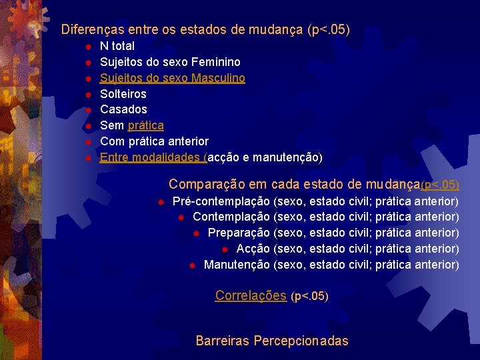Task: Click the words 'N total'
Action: pos(117,46)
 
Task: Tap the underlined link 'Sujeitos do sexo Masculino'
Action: pos(172,78)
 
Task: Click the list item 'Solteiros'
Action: pos(123,94)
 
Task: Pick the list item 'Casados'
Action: pos(123,109)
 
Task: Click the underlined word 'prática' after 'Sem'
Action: pos(145,125)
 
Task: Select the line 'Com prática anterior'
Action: pos(154,141)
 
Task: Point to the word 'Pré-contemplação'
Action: pos(221,201)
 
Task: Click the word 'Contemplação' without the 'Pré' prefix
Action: pos(231,217)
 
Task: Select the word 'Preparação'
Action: pos(239,233)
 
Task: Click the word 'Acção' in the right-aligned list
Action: pos(253,249)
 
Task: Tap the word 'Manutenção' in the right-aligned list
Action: pos(237,265)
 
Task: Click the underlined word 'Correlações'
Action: pos(251,295)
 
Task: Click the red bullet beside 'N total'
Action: pos(87,47)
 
